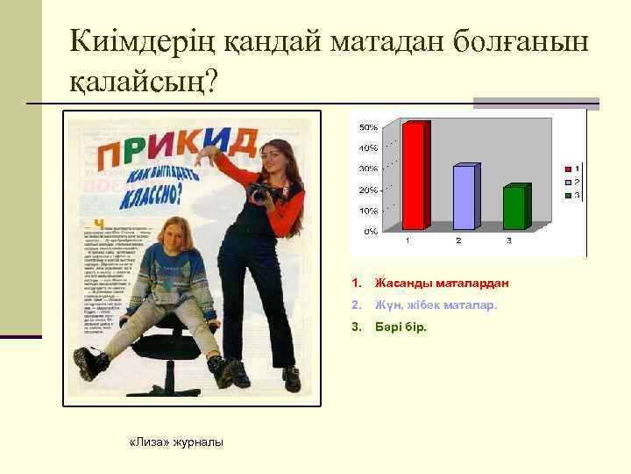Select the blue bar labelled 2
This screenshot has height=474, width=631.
pos(465,197)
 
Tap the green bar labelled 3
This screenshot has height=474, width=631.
pos(515,208)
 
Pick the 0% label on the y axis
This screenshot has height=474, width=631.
pos(371,232)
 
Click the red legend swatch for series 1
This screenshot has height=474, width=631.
pos(568,168)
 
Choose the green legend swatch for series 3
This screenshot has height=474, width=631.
pos(568,194)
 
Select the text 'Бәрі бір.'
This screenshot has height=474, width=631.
pos(401,327)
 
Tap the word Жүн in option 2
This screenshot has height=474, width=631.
pos(386,305)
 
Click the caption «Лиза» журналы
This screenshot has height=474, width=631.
pos(176,441)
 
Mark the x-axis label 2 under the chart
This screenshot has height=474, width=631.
pos(458,241)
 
